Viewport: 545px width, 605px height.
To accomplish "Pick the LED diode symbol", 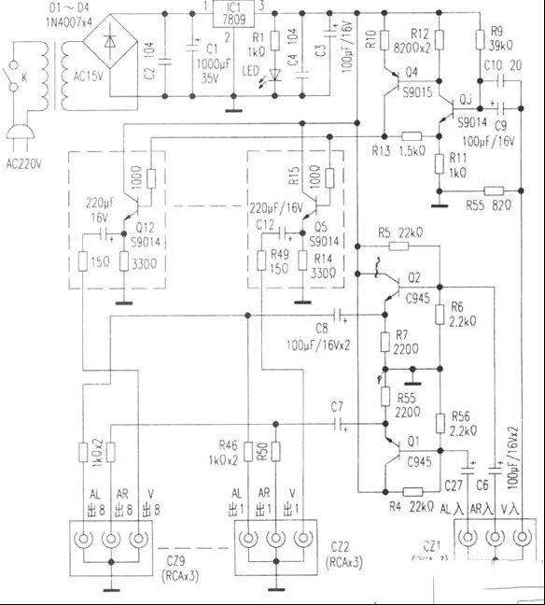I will (x=273, y=75).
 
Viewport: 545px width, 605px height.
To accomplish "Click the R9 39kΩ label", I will (x=494, y=44).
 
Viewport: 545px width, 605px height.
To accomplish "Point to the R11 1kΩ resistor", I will (x=439, y=164).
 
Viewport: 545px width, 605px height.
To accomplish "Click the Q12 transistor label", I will (x=145, y=227).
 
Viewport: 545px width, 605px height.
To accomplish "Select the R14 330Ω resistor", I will (x=300, y=267).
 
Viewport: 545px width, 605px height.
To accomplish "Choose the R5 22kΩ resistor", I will (x=398, y=246).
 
